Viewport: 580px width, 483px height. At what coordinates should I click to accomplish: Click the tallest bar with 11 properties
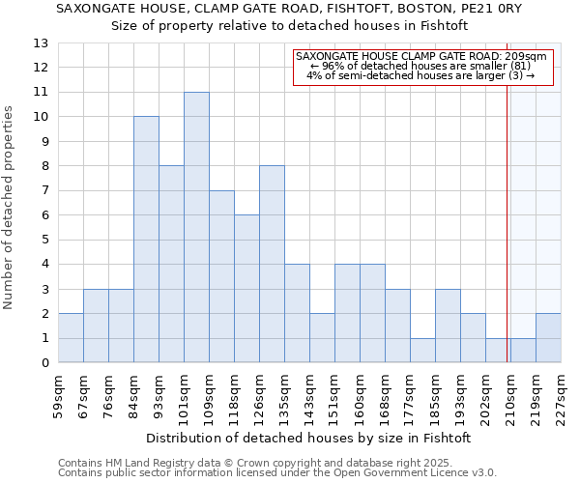[x=196, y=227]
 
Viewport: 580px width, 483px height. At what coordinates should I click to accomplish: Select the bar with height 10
[x=146, y=240]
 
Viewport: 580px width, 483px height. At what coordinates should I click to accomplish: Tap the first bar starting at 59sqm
[x=71, y=338]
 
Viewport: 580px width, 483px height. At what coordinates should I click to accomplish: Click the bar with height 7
[x=221, y=276]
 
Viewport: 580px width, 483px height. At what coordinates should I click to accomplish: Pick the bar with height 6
[x=246, y=289]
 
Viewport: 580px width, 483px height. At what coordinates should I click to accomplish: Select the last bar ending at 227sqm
[x=548, y=338]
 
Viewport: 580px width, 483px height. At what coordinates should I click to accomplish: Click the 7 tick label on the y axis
[x=43, y=191]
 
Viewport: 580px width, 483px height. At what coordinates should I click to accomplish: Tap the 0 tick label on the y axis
[x=43, y=363]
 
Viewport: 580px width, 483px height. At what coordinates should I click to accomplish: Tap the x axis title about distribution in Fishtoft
[x=309, y=438]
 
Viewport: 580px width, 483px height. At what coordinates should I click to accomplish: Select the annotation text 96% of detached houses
[x=421, y=66]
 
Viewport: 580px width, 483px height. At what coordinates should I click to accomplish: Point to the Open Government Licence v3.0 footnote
[x=277, y=473]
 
